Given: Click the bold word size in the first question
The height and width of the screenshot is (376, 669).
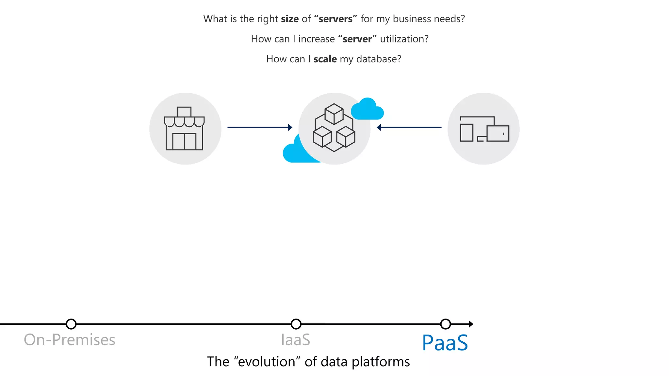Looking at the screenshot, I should pos(289,19).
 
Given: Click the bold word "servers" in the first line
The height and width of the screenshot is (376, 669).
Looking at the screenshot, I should pos(335,19).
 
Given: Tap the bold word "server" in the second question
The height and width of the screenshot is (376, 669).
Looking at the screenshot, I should pos(357,39).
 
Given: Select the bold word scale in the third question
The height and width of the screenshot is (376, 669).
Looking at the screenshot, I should pos(325,59).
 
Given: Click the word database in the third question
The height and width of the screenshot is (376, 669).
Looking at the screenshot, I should pos(378,59).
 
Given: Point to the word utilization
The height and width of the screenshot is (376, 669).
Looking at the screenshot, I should pos(404,39).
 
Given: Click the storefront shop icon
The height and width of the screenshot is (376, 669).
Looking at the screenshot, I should pos(184,129).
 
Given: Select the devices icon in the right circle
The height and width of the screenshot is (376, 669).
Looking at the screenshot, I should pos(484,129).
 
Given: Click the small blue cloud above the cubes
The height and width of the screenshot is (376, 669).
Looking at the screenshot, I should pos(367,110).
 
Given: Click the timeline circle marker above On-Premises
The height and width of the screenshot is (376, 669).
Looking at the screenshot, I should pos(71,324).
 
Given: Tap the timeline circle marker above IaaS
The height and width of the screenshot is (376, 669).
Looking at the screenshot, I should pos(296,324).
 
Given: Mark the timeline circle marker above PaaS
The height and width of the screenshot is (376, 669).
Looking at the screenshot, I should pos(446,324).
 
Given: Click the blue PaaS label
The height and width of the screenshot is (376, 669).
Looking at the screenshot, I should pos(445,343).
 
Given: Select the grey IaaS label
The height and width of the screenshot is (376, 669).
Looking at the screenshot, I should pos(295,340).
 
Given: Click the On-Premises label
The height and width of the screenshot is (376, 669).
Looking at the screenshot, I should pos(70,340).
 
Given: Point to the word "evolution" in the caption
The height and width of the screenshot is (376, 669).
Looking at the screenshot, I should pos(267,362).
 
